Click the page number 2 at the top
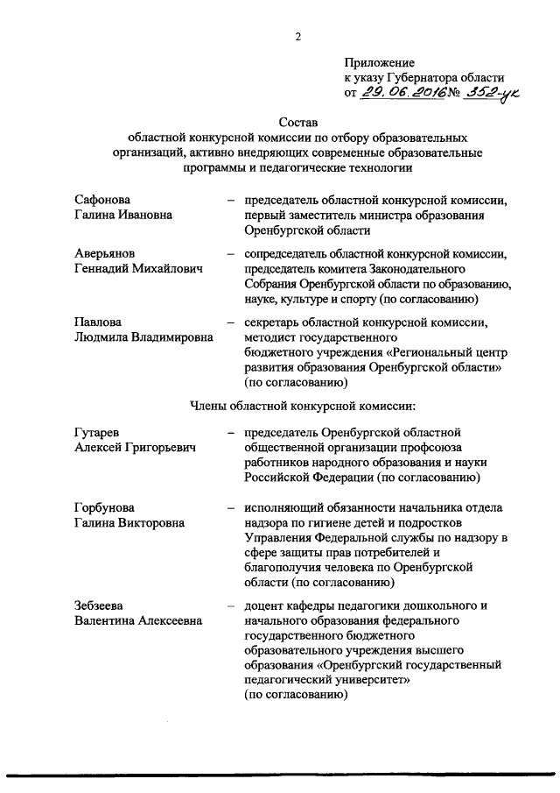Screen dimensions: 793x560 point(298,36)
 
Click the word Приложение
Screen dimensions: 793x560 point(380,63)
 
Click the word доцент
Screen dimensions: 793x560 point(265,605)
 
